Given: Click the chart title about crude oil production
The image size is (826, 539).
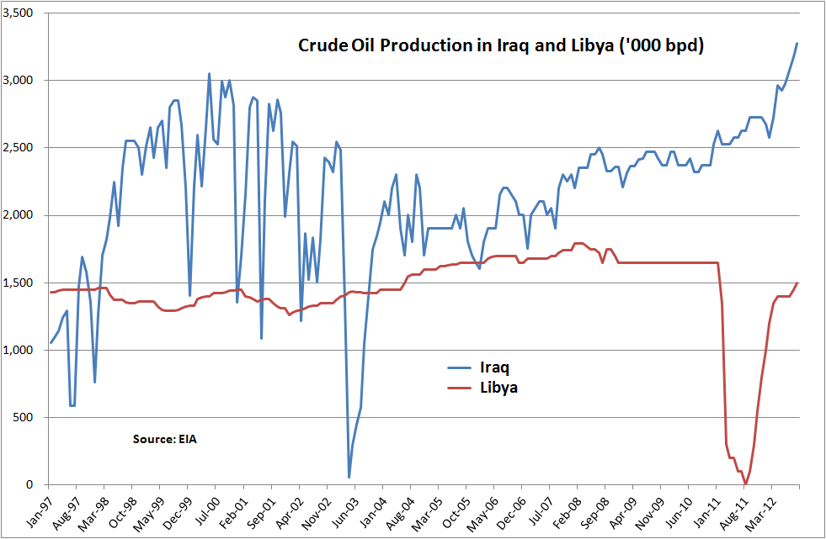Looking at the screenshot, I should tap(500, 45).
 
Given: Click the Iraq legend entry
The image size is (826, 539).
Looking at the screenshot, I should tap(493, 367).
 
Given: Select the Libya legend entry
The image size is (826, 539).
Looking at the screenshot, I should tap(498, 388).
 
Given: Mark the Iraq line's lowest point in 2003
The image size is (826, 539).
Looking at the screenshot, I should tap(349, 478).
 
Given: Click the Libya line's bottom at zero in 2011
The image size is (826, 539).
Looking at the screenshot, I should tap(744, 484).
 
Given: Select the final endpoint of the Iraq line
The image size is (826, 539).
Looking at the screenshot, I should tap(797, 43).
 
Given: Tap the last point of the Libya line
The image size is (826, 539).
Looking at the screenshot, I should tap(797, 283).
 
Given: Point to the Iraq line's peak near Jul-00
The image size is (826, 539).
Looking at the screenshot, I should tap(210, 74).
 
